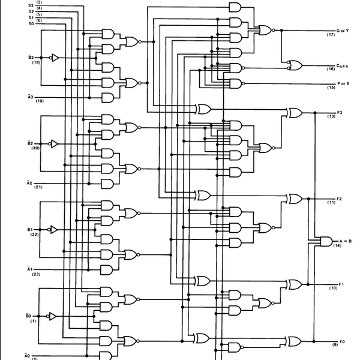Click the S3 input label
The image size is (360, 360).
[31, 5]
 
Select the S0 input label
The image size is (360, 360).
[31, 23]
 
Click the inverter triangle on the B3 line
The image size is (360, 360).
[53, 58]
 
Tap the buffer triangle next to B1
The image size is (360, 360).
[53, 230]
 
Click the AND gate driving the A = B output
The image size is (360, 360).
[326, 241]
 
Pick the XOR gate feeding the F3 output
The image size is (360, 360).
[295, 112]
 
